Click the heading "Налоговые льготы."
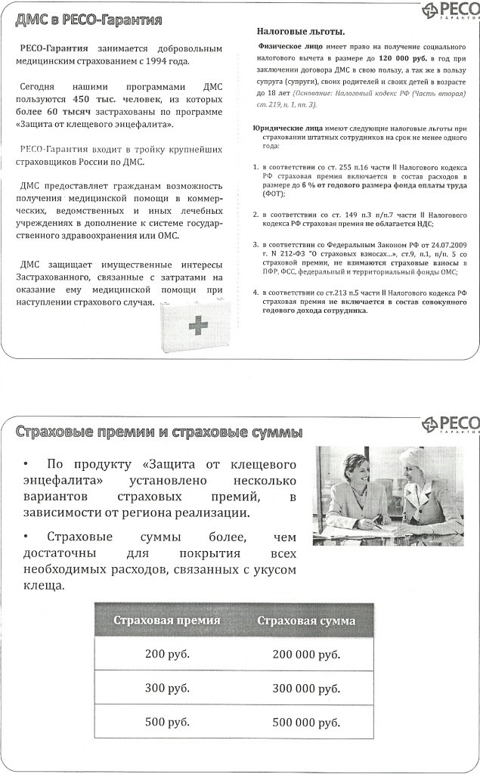point(300,32)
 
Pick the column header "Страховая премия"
point(167,621)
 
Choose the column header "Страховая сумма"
point(306,621)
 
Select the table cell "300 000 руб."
point(306,689)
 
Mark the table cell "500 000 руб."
point(306,723)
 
